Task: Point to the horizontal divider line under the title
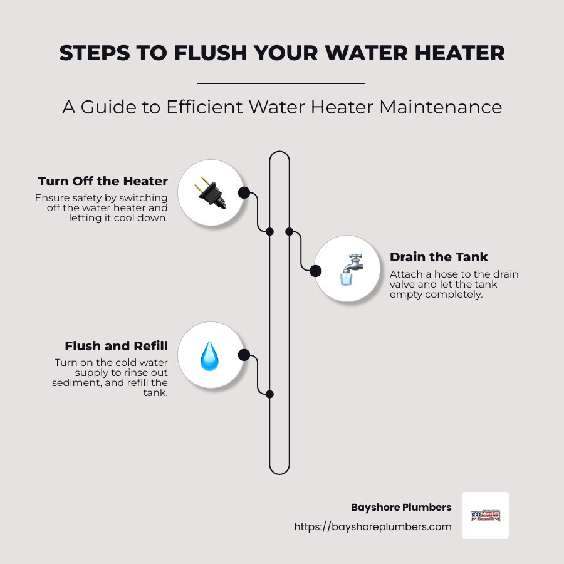(281, 83)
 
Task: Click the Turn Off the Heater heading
(103, 181)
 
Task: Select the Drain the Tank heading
(439, 257)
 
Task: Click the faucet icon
(348, 269)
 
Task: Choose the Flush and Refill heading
(116, 346)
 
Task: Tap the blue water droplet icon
(209, 355)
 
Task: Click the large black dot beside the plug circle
(244, 192)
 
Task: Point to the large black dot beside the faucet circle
(316, 271)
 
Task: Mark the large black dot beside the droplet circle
(244, 355)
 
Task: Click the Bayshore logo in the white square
(485, 516)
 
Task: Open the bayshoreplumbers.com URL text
(373, 527)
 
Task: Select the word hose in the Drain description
(439, 274)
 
